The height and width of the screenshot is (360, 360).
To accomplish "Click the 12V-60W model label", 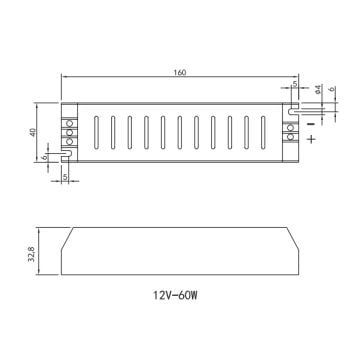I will point(179,296).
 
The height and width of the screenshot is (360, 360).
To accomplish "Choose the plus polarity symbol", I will point(312,140).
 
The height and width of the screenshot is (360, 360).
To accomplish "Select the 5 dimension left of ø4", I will point(294,86).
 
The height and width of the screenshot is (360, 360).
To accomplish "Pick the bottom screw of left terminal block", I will point(69,142).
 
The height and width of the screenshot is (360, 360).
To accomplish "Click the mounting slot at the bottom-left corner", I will point(66,155).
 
